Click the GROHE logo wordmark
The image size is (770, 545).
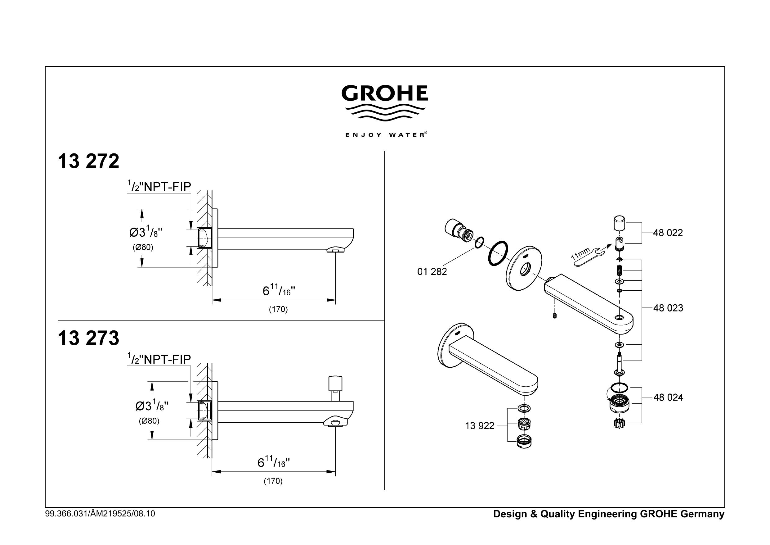point(385,93)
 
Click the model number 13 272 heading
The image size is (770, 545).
point(88,161)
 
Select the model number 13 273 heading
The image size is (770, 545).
point(88,338)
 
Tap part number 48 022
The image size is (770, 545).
point(668,233)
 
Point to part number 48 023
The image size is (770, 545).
point(668,308)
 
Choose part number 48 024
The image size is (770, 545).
point(668,397)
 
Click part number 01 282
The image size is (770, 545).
point(432,272)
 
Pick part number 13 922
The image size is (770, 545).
point(480,426)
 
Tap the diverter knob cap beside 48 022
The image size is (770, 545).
point(619,224)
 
